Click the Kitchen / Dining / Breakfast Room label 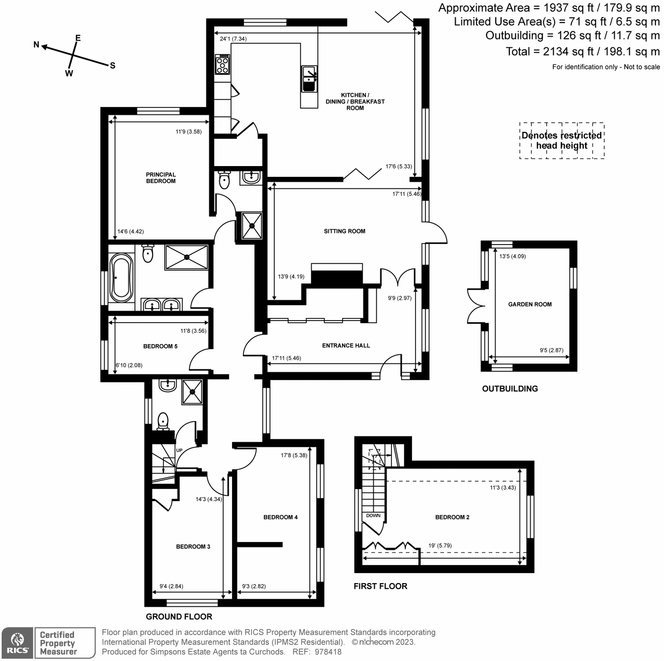point(355,101)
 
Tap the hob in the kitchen point(222,65)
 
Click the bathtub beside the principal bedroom point(121,278)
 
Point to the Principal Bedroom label point(161,178)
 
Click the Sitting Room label point(344,231)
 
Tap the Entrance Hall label point(346,345)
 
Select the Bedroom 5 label point(160,346)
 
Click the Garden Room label point(530,304)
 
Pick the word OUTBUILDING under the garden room point(510,389)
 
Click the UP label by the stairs point(179,450)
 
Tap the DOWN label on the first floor point(373,516)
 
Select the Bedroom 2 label point(452,517)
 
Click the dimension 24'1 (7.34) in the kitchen point(233,39)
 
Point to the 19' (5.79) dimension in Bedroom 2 point(440,546)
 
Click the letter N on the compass point(37,44)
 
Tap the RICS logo point(17,643)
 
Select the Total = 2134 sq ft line point(582,51)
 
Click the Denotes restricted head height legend point(561,140)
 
